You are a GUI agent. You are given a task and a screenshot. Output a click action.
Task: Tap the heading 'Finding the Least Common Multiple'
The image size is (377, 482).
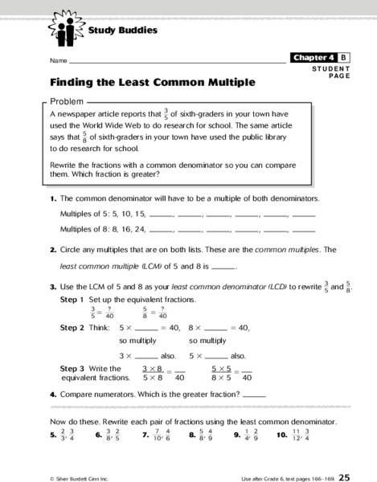point(153,82)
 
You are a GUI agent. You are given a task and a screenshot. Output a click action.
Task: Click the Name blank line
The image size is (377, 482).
point(177,61)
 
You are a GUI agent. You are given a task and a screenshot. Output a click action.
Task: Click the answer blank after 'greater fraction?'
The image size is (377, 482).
point(254,394)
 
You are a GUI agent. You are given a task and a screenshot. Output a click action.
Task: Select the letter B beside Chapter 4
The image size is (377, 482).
point(344,58)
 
